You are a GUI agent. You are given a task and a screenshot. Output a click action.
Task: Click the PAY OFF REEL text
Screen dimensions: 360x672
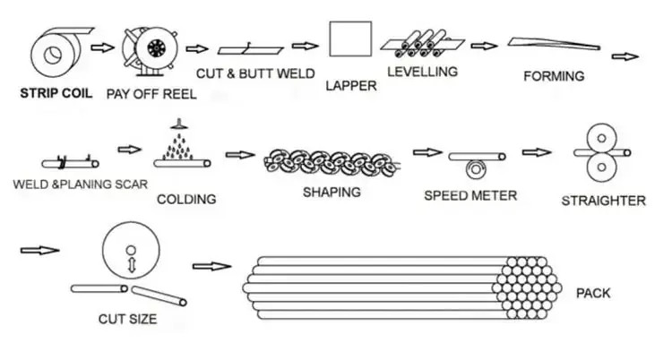tap(151, 92)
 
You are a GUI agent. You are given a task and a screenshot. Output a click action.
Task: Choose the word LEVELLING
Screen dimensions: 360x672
tap(422, 71)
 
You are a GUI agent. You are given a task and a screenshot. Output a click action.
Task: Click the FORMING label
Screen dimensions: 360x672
tap(553, 76)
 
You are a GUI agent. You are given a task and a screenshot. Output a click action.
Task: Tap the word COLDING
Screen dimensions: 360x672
tap(186, 199)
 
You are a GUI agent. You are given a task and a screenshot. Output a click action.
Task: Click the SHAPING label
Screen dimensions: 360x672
tap(332, 192)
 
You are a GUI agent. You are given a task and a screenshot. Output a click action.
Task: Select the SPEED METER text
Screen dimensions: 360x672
tap(470, 195)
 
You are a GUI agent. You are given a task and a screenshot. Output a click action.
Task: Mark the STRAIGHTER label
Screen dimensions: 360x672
tap(603, 201)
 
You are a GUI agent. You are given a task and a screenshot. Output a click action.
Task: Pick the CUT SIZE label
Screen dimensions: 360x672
tap(127, 318)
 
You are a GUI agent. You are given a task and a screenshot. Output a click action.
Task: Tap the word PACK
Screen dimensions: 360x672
tap(593, 293)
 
